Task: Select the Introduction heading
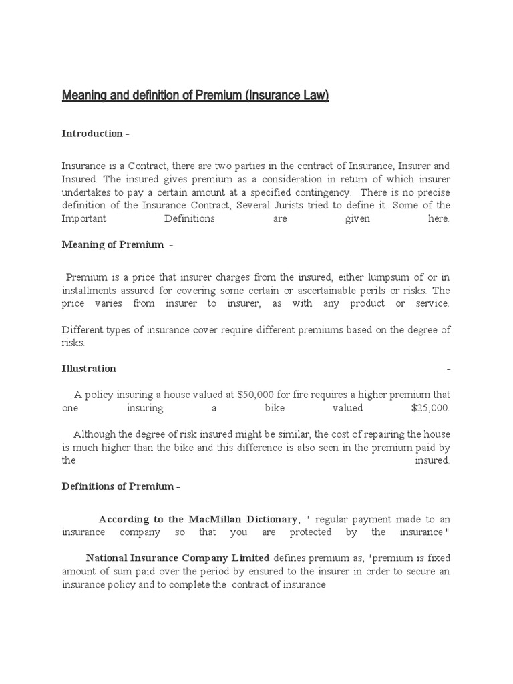click(92, 134)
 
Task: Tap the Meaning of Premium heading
click(113, 244)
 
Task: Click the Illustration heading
click(89, 369)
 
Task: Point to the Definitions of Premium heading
click(118, 486)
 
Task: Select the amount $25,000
click(431, 407)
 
